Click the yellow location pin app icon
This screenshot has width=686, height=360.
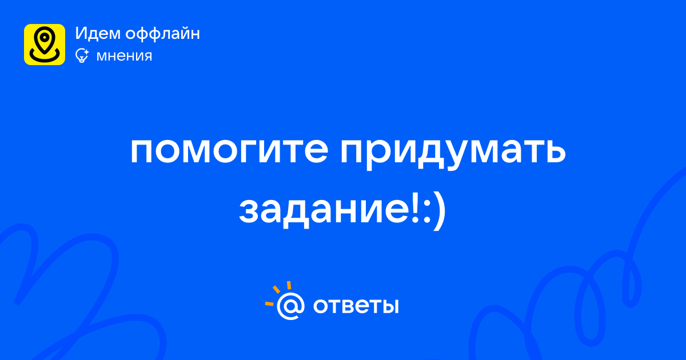(x=45, y=45)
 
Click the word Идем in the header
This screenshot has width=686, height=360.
(x=98, y=33)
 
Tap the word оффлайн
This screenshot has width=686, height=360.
(x=162, y=34)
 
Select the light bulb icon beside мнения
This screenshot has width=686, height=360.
(x=82, y=56)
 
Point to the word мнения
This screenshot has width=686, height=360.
(x=124, y=56)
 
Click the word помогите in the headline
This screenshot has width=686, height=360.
(x=229, y=151)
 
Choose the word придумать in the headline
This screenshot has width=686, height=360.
(x=453, y=153)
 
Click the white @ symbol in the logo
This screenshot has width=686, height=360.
(x=290, y=306)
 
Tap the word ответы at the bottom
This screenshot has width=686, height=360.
(x=356, y=306)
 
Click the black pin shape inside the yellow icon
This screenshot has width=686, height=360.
(x=45, y=40)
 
